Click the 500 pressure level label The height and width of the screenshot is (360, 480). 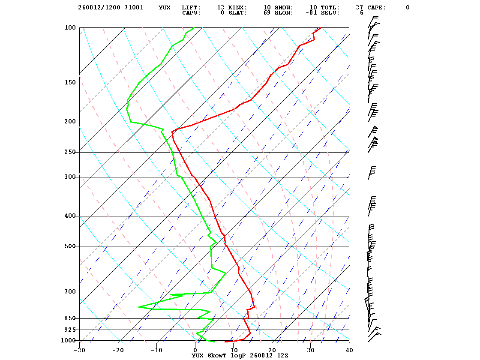(70, 246)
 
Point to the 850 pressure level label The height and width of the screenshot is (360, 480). (70, 318)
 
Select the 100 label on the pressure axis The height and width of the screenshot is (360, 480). (70, 27)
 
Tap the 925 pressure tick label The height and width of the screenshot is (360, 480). (70, 330)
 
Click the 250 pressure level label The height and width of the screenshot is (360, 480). (70, 152)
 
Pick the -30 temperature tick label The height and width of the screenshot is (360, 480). (80, 351)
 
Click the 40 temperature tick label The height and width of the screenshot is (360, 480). (349, 351)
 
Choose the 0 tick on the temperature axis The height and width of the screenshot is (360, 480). (195, 351)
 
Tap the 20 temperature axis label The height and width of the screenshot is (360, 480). (272, 351)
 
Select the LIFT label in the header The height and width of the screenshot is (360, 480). (191, 8)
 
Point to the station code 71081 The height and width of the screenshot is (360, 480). (134, 8)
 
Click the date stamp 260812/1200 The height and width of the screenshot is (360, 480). (99, 8)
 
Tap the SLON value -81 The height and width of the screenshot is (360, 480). (311, 13)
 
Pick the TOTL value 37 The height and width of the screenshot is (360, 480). (360, 8)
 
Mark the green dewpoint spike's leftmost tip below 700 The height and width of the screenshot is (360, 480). (139, 307)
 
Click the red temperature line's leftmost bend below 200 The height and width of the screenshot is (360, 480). (172, 132)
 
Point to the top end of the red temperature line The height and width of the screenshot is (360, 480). (321, 27)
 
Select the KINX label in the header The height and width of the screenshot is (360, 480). (237, 8)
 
